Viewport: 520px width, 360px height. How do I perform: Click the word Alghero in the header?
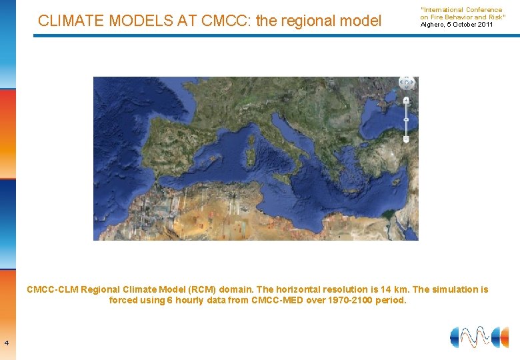coord(431,25)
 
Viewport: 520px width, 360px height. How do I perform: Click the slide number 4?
coord(6,343)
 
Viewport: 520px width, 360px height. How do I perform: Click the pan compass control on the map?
coord(407,83)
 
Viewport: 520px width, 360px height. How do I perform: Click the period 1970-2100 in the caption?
coord(343,300)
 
